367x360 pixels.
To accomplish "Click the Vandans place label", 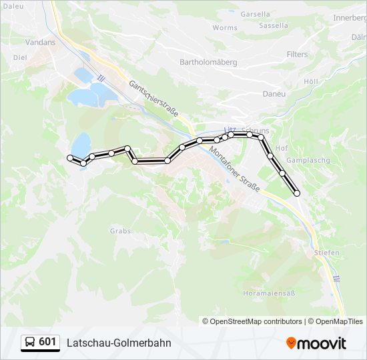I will click(x=40, y=41).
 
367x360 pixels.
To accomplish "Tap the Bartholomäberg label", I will click(x=208, y=62).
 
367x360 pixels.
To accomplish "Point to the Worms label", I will click(x=225, y=28).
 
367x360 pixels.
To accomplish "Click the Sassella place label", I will click(x=273, y=26).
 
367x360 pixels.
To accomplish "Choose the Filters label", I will click(x=297, y=54).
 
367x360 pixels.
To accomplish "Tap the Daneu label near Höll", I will click(x=274, y=94).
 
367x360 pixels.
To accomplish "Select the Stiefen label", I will click(x=327, y=253).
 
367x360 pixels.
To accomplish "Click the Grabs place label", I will click(x=119, y=231).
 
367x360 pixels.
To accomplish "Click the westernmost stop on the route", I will click(x=69, y=157).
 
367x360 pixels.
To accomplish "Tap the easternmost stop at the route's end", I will click(x=297, y=193).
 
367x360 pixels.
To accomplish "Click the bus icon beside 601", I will click(x=30, y=343).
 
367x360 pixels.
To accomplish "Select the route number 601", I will click(x=47, y=343).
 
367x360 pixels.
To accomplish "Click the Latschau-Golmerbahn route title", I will click(x=119, y=343).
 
